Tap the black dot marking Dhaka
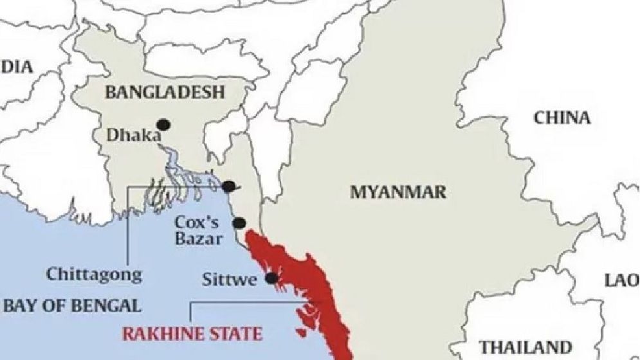click(164, 124)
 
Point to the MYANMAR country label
click(398, 192)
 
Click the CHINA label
click(562, 118)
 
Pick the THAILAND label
click(526, 346)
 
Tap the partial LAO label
click(622, 280)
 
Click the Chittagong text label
click(94, 274)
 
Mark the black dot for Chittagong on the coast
click(228, 186)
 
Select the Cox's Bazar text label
click(199, 231)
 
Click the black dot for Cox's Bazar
click(239, 223)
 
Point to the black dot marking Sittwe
click(271, 278)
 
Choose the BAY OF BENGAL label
click(71, 305)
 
